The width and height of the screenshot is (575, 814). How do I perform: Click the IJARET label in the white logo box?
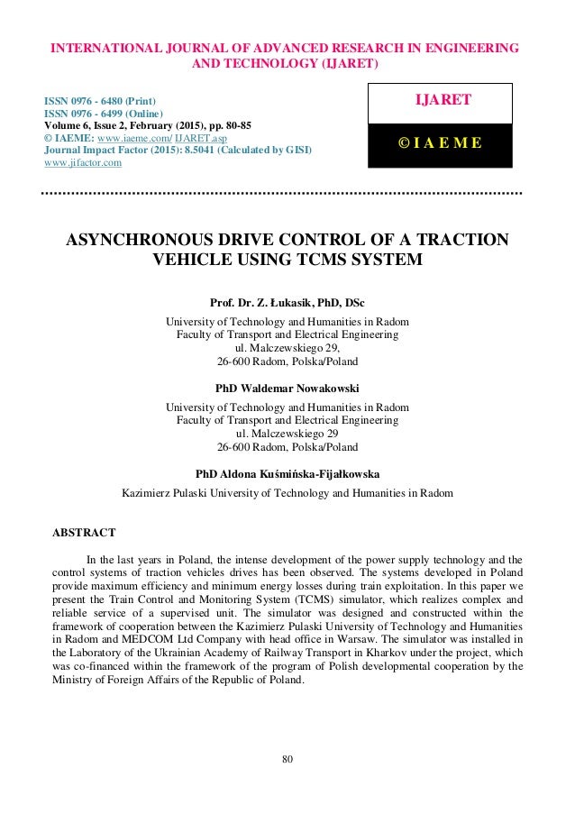tap(440, 101)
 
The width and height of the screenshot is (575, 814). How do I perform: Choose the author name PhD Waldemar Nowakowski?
tap(287, 388)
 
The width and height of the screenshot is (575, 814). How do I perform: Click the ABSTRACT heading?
tap(84, 534)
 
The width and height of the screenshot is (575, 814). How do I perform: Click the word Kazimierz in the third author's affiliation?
tap(150, 494)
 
